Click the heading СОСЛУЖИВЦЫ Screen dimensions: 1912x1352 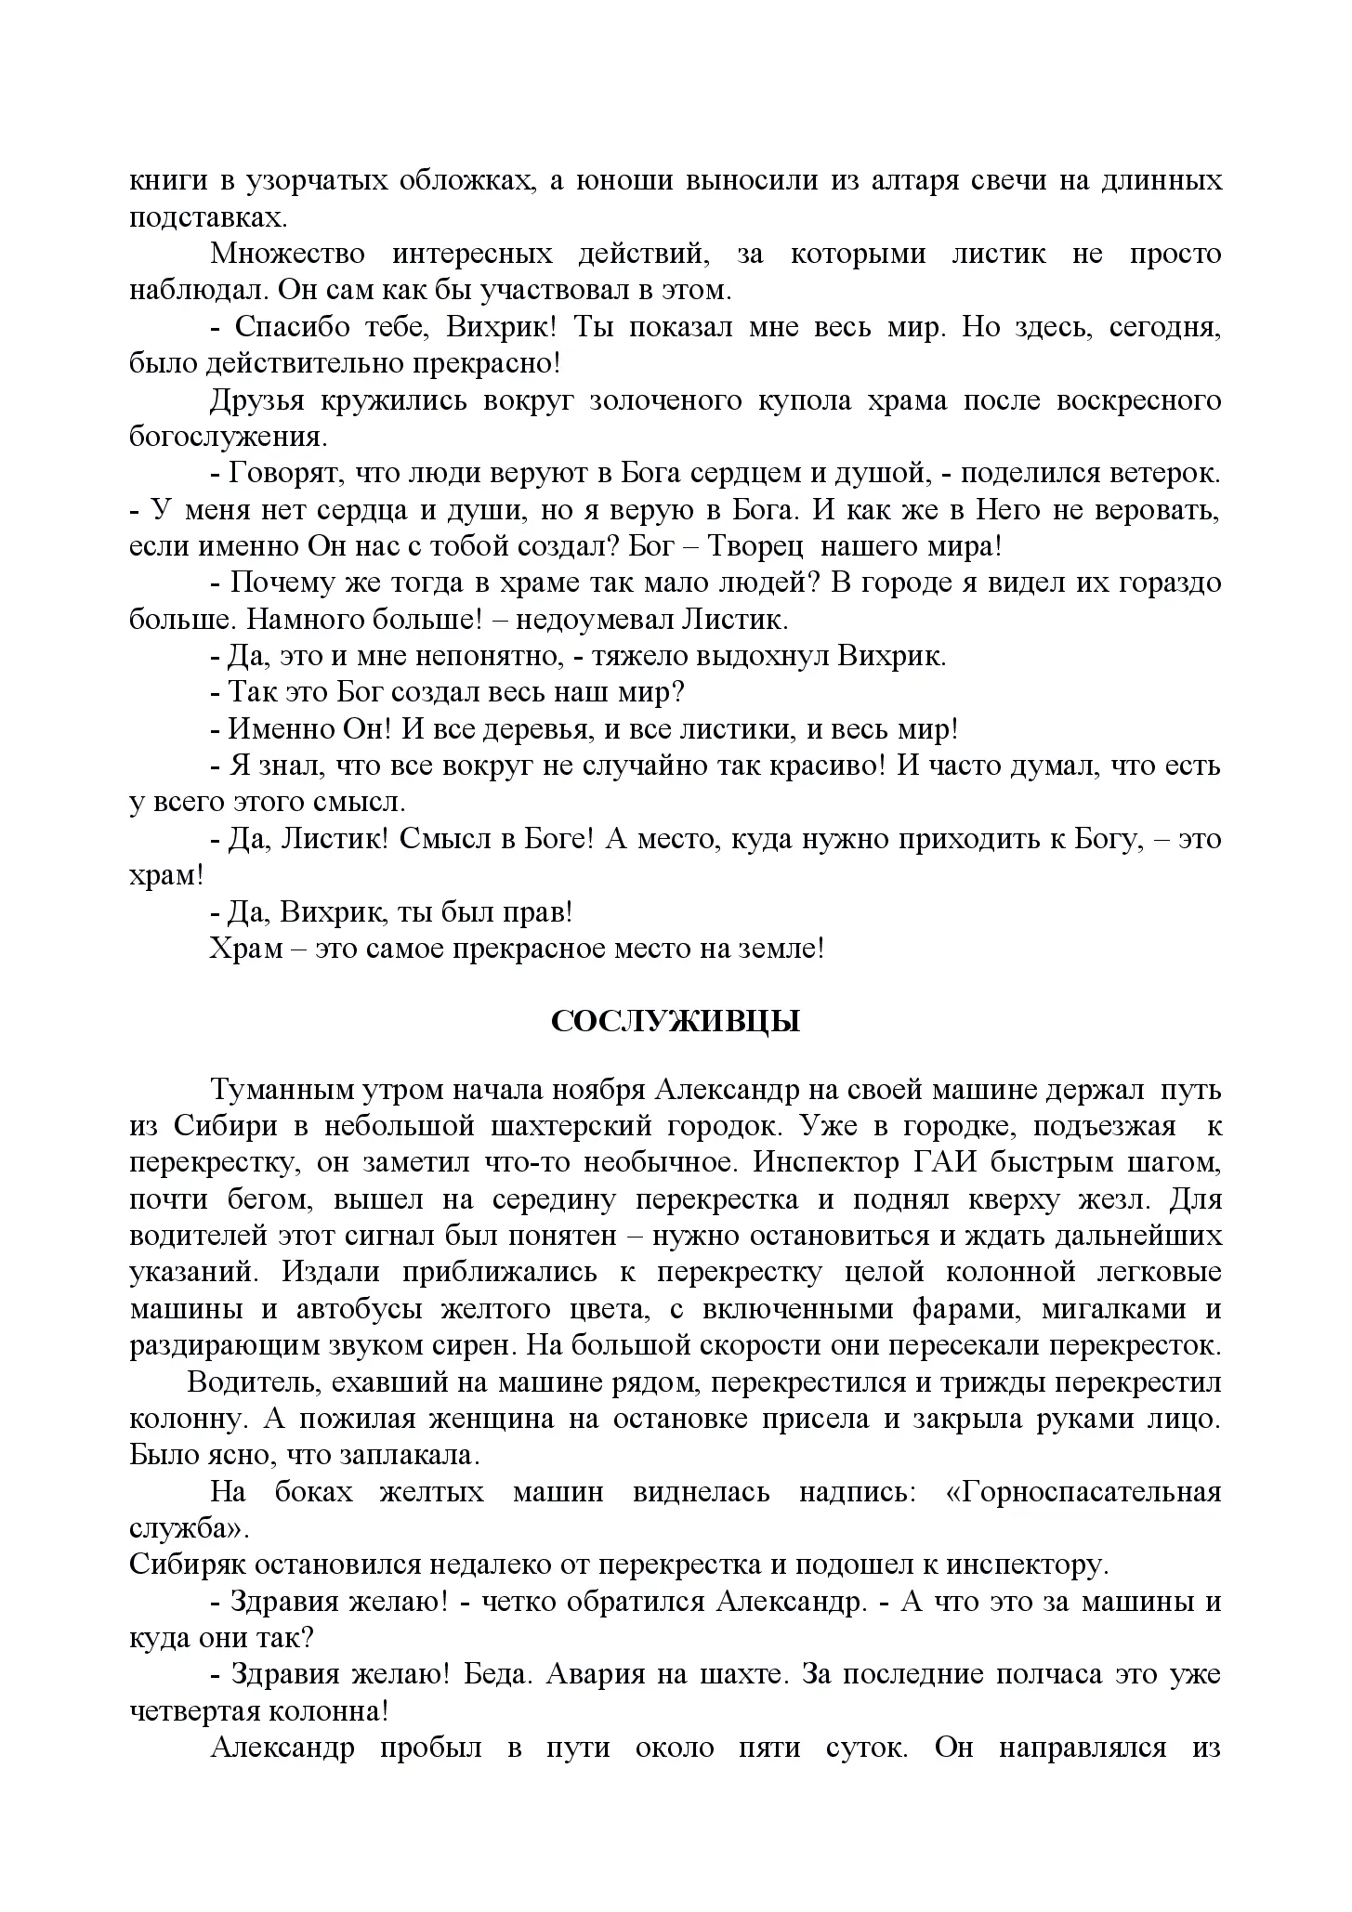676,1022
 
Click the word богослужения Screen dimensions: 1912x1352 227,437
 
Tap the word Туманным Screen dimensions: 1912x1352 283,1089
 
